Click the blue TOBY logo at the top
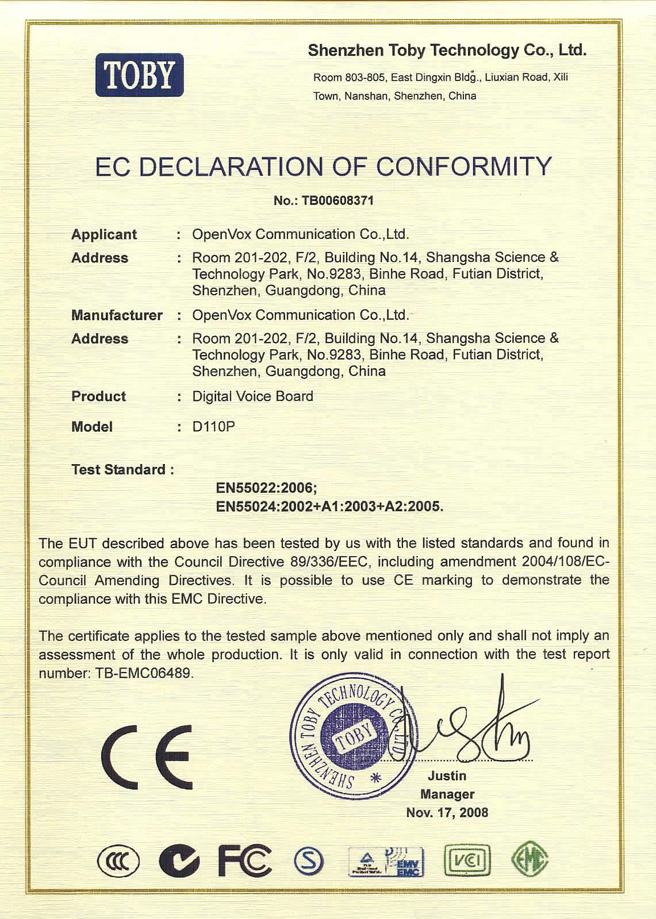pos(140,75)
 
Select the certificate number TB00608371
pos(337,200)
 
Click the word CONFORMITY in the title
pos(463,167)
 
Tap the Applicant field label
pos(104,234)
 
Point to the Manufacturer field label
pos(117,315)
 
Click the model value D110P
pos(213,427)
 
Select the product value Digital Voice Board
pos(252,396)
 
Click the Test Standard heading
pos(122,470)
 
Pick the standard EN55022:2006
pos(266,488)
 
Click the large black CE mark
pos(147,757)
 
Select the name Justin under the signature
pos(447,776)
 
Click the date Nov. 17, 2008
pos(447,813)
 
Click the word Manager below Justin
pos(447,794)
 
